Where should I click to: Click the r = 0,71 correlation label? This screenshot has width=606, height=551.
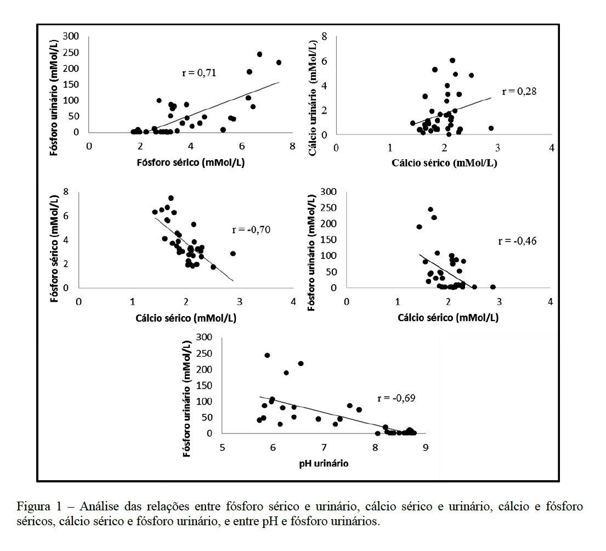coord(200,72)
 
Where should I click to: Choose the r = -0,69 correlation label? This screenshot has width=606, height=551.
coord(396,398)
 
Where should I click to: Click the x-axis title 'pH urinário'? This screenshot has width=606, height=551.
coord(324,463)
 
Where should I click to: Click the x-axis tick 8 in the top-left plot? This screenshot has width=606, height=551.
coord(292,147)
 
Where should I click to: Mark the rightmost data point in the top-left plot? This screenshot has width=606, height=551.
coord(279,63)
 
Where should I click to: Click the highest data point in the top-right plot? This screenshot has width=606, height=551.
coord(452,60)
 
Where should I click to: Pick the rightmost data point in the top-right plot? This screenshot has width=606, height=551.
coord(491,128)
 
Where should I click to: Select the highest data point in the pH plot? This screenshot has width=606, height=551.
coord(267,355)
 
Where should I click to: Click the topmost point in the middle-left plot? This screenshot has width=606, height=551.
coord(171,198)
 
